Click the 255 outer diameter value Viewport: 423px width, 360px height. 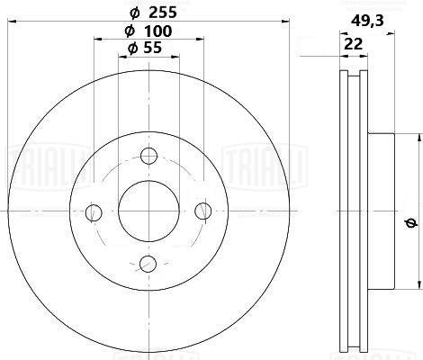click(163, 13)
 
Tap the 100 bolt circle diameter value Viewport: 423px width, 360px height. click(157, 31)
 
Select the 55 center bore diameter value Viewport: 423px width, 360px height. click(152, 48)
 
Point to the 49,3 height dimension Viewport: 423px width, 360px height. click(367, 21)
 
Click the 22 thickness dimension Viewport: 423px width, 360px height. click(353, 44)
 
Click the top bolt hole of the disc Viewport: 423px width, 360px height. click(149, 156)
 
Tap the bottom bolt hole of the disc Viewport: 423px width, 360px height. click(148, 264)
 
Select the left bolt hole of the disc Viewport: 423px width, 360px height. click(94, 212)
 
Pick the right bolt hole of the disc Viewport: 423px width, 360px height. click(203, 211)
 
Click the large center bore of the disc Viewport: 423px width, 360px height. click(148, 211)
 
